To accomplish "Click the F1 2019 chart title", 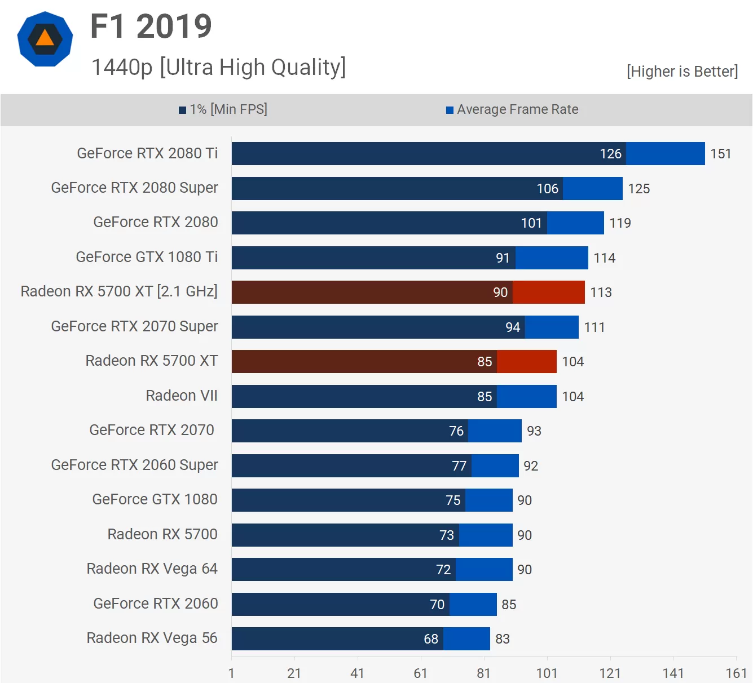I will click(x=151, y=26).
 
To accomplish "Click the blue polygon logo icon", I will click(x=45, y=39).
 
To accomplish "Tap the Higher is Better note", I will click(x=682, y=72).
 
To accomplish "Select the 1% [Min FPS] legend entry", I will click(x=223, y=109).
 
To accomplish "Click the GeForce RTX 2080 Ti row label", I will click(x=147, y=153).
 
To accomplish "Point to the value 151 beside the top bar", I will click(x=720, y=154).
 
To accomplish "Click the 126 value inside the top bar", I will click(x=610, y=154).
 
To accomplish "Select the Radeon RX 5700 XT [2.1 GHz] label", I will click(x=119, y=291).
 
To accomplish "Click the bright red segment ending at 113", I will click(x=548, y=292).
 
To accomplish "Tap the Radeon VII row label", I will click(x=182, y=396).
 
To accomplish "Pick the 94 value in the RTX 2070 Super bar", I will click(x=512, y=327).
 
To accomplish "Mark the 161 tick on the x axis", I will click(x=736, y=673).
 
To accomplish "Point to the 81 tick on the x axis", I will click(x=483, y=673).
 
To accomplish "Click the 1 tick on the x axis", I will click(x=231, y=673).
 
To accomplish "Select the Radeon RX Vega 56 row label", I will click(x=152, y=638).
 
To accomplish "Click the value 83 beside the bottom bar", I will click(x=502, y=639).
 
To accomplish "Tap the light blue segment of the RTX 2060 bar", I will click(x=473, y=604).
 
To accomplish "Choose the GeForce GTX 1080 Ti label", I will click(x=147, y=257).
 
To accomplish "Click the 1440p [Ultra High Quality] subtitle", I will click(x=218, y=67).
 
